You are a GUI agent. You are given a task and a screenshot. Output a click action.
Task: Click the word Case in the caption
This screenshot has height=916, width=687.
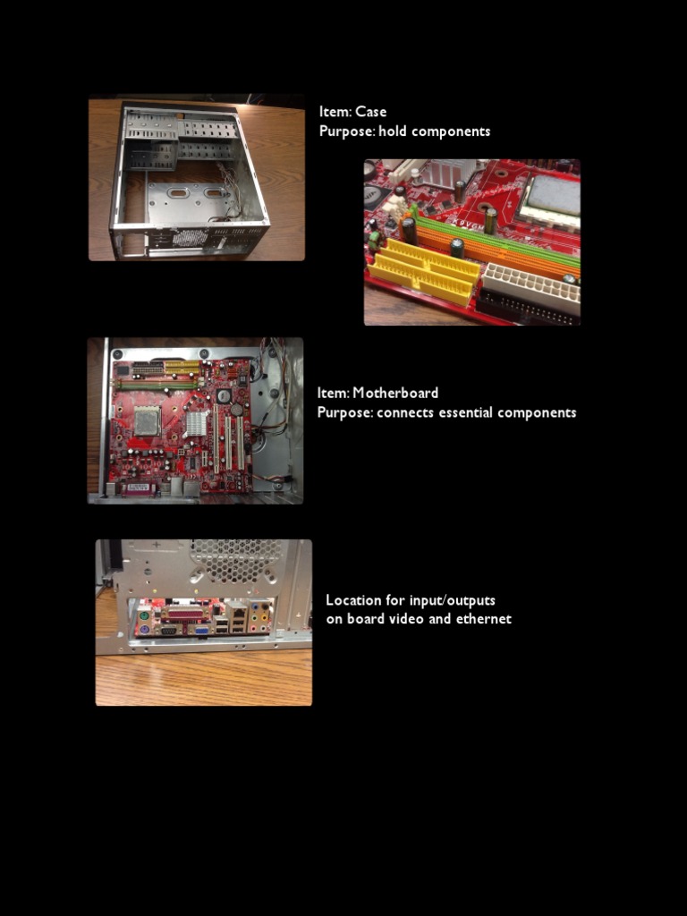click(x=370, y=112)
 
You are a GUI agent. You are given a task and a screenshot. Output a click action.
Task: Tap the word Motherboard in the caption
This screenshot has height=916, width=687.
click(x=394, y=393)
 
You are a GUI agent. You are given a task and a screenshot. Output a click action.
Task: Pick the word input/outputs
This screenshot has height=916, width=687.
click(x=452, y=600)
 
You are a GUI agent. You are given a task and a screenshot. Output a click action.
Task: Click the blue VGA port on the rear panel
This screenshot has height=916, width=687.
click(x=202, y=630)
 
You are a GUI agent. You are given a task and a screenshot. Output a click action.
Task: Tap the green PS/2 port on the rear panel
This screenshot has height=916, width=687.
click(x=143, y=615)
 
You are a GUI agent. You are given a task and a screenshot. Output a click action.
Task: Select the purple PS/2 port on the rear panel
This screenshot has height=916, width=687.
click(x=143, y=629)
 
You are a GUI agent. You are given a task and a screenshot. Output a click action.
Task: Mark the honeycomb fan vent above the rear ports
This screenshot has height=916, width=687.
click(x=236, y=560)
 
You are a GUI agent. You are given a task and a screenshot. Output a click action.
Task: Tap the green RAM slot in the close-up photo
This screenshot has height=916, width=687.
click(x=496, y=240)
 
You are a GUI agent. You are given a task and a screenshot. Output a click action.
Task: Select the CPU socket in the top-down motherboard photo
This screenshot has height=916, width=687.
click(x=148, y=420)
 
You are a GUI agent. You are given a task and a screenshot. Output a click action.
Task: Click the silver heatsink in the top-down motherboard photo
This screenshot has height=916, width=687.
click(x=196, y=423)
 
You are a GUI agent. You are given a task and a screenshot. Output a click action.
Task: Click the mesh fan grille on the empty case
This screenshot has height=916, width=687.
click(x=190, y=238)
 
